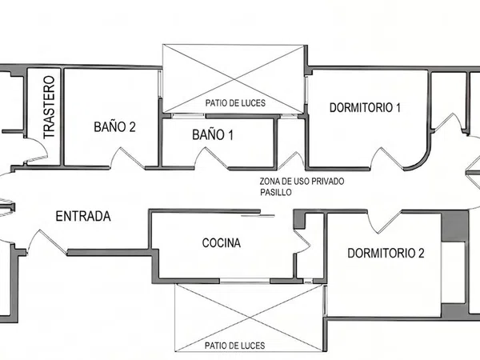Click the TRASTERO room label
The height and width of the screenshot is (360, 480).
[x=49, y=107]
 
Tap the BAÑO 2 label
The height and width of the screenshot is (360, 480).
[x=114, y=126]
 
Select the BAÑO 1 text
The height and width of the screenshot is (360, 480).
[x=213, y=134]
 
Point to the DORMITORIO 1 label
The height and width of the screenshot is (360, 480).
[x=365, y=107]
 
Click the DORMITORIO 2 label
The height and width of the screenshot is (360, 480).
[x=386, y=253]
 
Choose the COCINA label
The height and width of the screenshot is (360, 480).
[x=222, y=242]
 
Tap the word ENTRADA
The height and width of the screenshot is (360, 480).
[x=83, y=216]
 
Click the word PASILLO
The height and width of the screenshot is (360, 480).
[x=276, y=193]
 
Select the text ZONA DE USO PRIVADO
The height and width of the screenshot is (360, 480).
[x=302, y=182]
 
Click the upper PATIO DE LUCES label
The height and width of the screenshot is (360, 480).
[x=235, y=103]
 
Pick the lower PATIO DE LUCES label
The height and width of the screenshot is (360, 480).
[x=234, y=346]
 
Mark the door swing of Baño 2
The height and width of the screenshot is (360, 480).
[x=127, y=158]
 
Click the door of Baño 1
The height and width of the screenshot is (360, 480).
[x=212, y=158]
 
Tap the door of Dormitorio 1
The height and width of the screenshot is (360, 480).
[x=387, y=158]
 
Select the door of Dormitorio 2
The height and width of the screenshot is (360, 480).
[x=385, y=222]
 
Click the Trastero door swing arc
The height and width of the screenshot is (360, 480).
[x=43, y=146]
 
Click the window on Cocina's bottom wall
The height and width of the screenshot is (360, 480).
[x=245, y=281]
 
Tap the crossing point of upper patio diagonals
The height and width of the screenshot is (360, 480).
[x=234, y=79]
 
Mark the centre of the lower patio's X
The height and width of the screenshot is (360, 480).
[x=249, y=318]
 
